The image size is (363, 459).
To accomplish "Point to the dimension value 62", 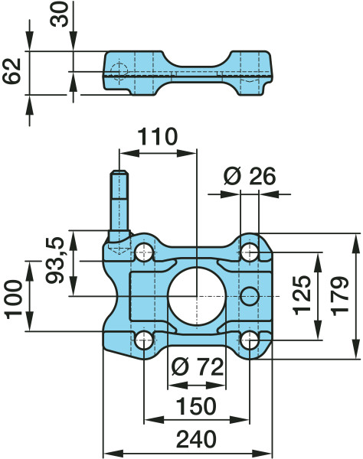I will [13, 73].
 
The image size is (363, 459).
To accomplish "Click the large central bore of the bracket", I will [196, 295].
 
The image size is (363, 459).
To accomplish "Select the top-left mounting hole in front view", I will [144, 251].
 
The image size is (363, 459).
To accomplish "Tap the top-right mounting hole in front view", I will [249, 251].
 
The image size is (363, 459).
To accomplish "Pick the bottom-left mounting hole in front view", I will [144, 340].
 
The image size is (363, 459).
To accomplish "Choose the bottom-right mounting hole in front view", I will [249, 340].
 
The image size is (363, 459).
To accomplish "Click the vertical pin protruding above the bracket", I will [119, 203].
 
